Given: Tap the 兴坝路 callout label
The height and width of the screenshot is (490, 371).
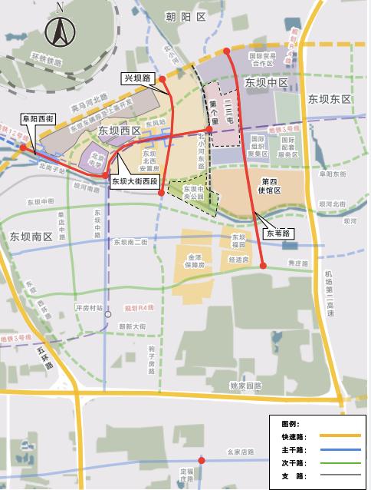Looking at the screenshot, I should pos(136,78).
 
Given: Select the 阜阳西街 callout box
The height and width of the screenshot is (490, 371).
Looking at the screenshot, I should pos(37,119).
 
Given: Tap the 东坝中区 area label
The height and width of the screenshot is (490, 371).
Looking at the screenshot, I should pos(265,82).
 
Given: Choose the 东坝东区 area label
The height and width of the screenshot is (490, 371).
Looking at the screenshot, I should pos(329,100).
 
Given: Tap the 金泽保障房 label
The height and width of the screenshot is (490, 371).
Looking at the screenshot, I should pos(191,259).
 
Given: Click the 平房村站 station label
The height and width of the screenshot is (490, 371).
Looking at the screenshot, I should pos(89,307).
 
